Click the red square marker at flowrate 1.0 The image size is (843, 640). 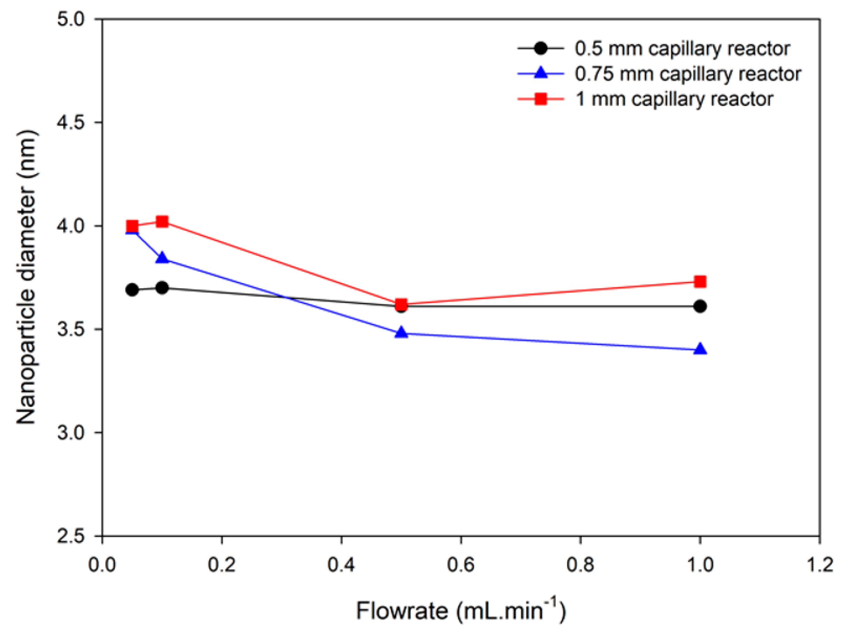coord(700,282)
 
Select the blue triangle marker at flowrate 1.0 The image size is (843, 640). coord(700,349)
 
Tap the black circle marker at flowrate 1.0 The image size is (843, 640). coord(700,306)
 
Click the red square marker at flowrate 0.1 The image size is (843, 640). coord(162,222)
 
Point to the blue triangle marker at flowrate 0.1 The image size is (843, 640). coord(162,258)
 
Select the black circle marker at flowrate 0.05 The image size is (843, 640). coord(132,290)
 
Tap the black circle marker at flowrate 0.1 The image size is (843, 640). coord(162,288)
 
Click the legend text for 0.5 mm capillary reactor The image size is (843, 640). coord(682,49)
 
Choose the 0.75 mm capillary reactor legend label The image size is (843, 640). coord(688,74)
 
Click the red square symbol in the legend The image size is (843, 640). coord(540,99)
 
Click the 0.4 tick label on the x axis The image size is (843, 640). coord(341,564)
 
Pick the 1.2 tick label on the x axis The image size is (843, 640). coord(819,564)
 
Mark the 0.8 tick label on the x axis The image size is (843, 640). coord(580,564)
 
